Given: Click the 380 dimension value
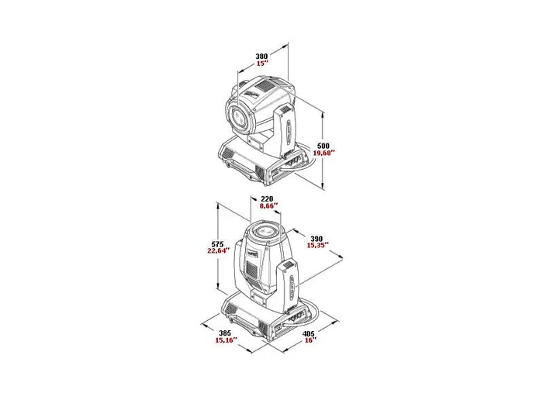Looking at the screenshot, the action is (x=261, y=56).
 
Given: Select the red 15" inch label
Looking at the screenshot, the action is (x=263, y=64).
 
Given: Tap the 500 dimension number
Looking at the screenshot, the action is (x=323, y=146).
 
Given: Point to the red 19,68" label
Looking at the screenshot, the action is (x=323, y=153).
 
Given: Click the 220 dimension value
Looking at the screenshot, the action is (x=267, y=199).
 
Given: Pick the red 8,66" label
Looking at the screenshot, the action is (x=268, y=206).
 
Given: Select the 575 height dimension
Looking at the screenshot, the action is (x=217, y=244).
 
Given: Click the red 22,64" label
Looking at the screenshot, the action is (x=219, y=251).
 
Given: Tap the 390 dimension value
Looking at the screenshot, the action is (x=316, y=239).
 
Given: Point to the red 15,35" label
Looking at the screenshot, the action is (x=317, y=246).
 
